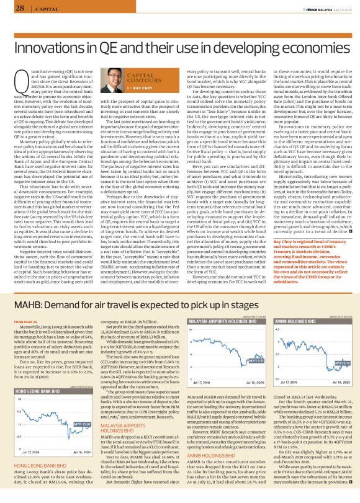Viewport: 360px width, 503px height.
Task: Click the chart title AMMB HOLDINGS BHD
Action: pos(294,303)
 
